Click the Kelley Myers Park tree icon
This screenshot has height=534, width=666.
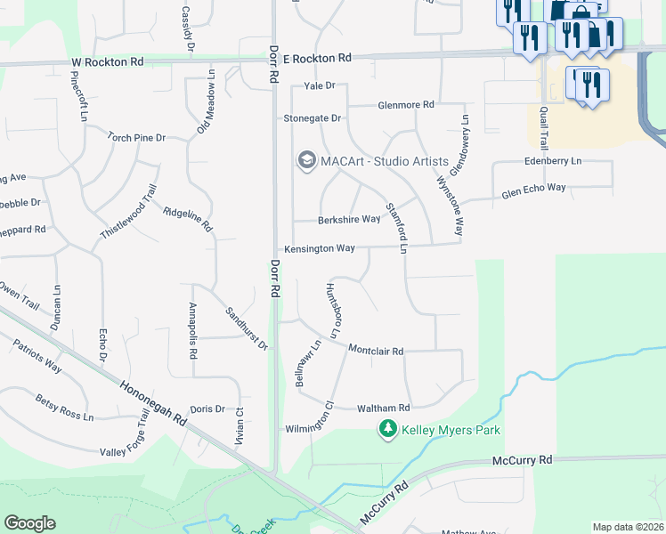click(x=387, y=431)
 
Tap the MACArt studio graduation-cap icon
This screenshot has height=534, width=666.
click(x=306, y=160)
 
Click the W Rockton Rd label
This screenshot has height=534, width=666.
click(x=108, y=62)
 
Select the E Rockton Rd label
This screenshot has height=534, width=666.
click(x=317, y=58)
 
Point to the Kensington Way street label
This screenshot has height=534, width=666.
click(x=320, y=248)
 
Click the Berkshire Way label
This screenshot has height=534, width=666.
click(x=350, y=220)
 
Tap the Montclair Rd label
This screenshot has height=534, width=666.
click(x=376, y=351)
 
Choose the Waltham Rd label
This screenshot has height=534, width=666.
click(x=383, y=409)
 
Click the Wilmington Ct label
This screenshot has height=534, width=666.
click(x=309, y=428)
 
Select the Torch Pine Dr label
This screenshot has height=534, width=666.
click(x=137, y=138)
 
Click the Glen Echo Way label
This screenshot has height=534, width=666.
click(x=533, y=189)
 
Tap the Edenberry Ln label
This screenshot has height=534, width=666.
click(x=553, y=161)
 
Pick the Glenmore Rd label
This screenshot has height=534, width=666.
click(x=405, y=105)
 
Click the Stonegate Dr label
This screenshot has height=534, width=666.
click(x=313, y=118)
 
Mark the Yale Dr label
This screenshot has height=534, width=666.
click(x=319, y=86)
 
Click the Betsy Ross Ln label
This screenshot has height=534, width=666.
click(x=64, y=409)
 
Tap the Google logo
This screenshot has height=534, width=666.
click(x=29, y=523)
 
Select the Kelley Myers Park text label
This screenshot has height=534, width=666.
click(x=451, y=431)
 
